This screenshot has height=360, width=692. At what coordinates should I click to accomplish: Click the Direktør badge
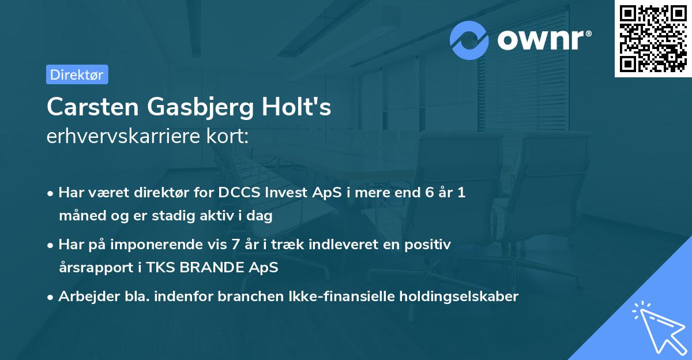pos(77,74)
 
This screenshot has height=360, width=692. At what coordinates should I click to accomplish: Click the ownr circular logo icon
pos(469,40)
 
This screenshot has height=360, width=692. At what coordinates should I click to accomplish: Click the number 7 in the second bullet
pos(235,245)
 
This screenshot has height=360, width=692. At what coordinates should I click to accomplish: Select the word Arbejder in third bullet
pos(84,297)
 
